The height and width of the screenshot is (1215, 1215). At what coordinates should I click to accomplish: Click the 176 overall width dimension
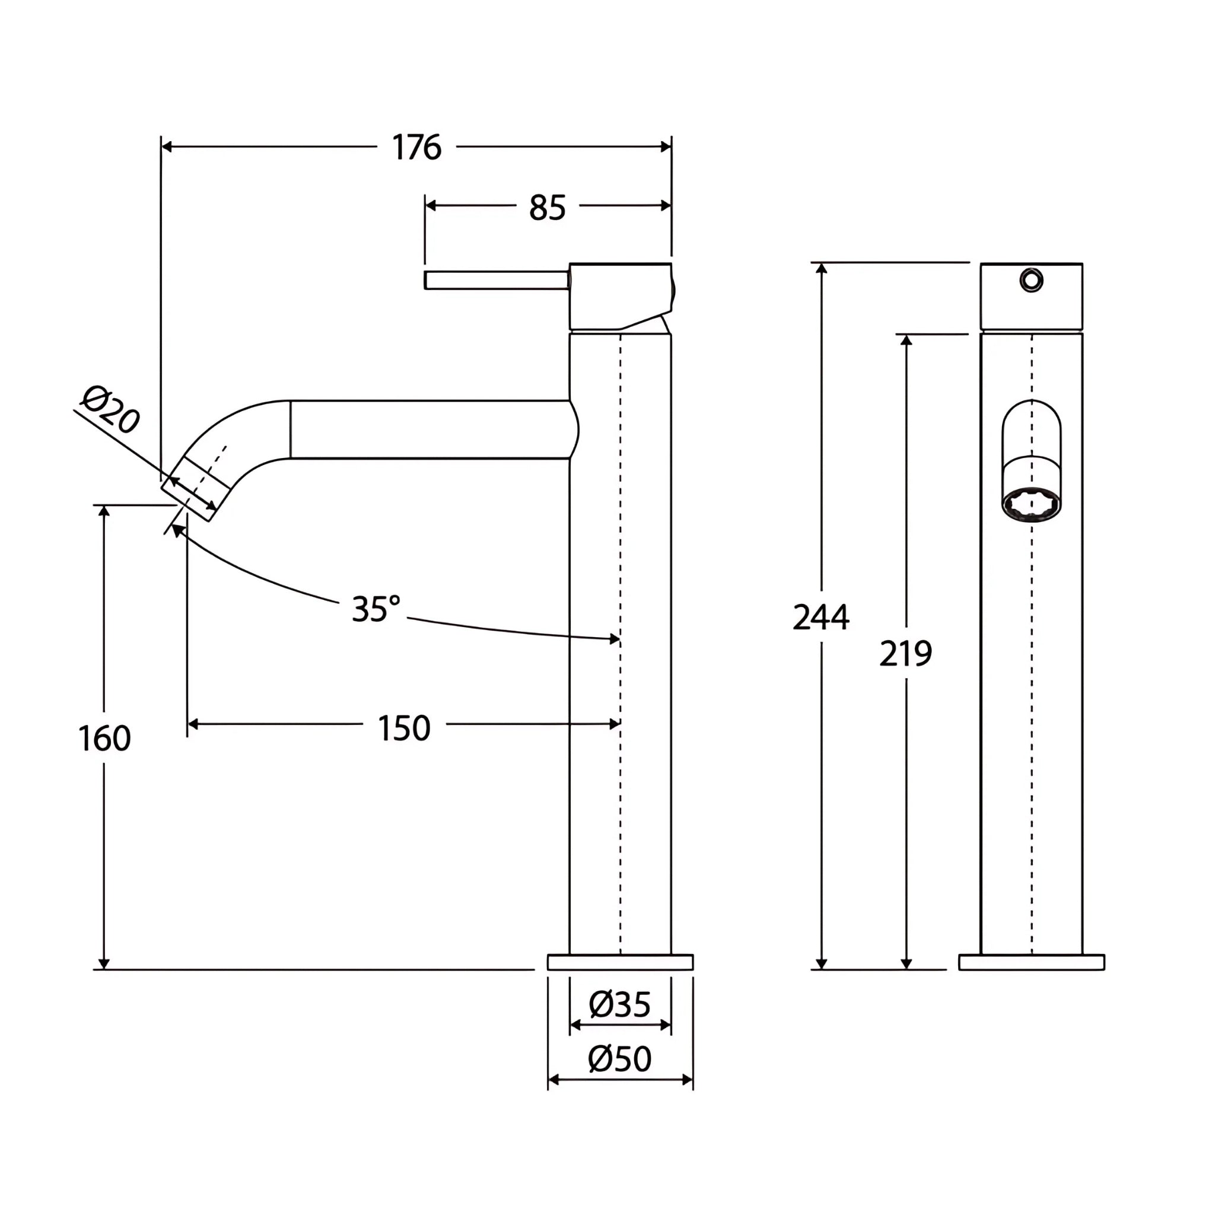coord(416,147)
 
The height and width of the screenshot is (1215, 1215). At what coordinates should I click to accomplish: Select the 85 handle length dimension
coord(547,207)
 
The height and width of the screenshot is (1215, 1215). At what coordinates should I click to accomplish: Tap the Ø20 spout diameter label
coord(111,409)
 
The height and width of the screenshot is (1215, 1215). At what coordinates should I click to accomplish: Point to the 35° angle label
coord(376,608)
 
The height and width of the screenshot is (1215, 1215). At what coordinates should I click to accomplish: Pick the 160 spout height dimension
coord(104,738)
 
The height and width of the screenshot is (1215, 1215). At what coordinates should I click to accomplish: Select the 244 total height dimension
coord(820,617)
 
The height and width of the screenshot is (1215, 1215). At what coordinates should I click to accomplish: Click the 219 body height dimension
coord(905,653)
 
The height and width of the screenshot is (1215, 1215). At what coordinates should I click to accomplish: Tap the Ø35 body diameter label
coord(619,1004)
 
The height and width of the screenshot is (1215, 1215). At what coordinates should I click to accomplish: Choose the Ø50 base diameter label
coord(619,1059)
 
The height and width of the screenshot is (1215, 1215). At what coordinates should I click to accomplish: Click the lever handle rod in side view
coord(497,280)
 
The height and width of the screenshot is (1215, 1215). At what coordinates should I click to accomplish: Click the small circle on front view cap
coord(1031,280)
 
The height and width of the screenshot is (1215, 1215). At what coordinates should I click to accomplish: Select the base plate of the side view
coord(620,962)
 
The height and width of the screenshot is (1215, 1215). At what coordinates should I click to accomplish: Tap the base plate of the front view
coord(1031,962)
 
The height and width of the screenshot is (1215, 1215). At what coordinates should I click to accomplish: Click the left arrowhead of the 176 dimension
coord(167,147)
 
